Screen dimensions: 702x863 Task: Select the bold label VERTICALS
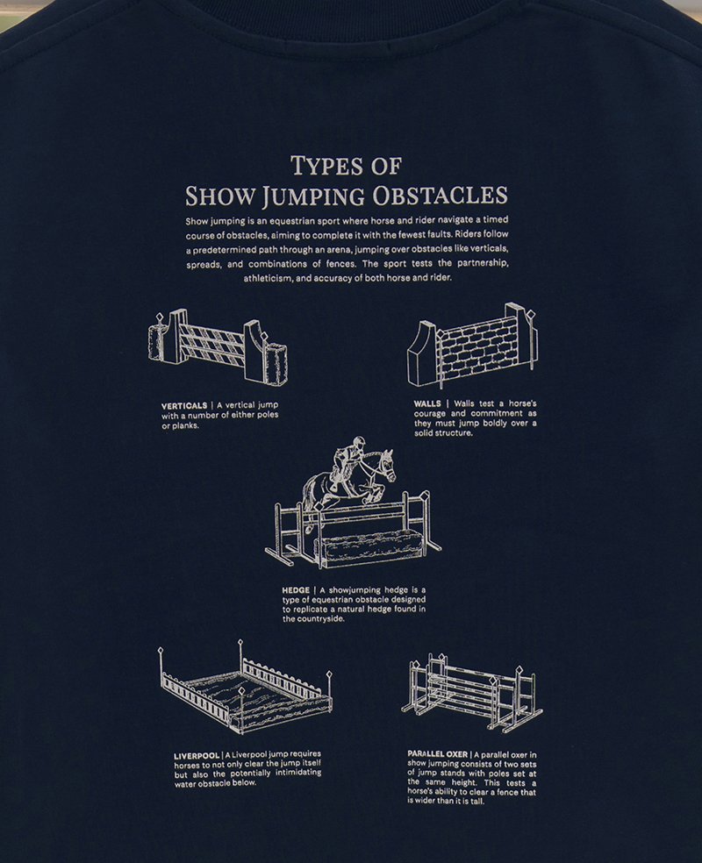click(184, 406)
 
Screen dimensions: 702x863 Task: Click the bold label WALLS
click(427, 403)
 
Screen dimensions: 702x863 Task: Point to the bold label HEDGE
click(296, 590)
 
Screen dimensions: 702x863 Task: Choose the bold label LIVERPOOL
click(197, 756)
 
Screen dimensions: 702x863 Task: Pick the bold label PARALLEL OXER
click(438, 754)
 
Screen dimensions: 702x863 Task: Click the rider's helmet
click(359, 441)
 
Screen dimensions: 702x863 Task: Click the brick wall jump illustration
click(472, 345)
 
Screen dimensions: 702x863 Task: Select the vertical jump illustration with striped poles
click(218, 346)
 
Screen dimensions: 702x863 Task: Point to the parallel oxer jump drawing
click(472, 692)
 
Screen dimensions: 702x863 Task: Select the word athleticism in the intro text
click(269, 279)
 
